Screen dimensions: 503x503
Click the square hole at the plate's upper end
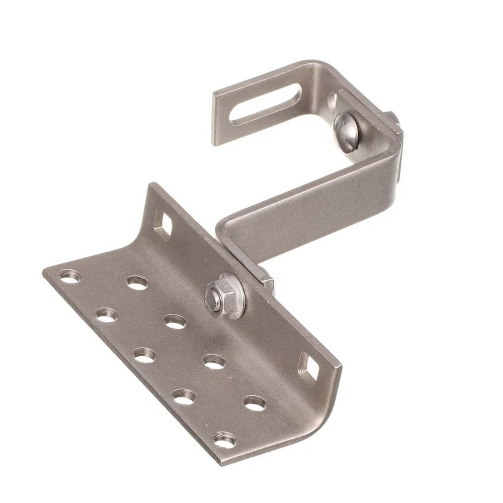click(x=164, y=224)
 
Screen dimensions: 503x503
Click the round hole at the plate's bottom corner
click(x=224, y=441)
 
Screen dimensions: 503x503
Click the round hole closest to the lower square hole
click(x=255, y=402)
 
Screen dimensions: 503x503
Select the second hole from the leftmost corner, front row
click(x=106, y=315)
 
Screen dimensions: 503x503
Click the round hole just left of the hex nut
click(x=175, y=321)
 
